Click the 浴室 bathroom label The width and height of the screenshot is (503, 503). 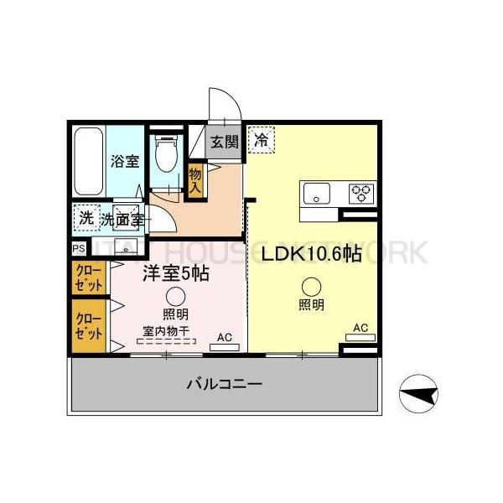click(126, 162)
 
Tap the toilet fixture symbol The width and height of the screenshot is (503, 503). click(168, 154)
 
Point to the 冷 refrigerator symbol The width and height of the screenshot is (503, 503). click(262, 140)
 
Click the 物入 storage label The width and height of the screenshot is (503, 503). click(195, 180)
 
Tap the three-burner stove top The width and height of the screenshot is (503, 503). click(362, 193)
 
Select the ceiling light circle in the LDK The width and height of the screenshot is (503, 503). click(311, 286)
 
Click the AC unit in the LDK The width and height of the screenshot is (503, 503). click(360, 338)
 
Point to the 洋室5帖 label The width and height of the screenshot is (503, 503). click(175, 273)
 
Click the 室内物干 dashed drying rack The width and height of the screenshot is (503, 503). click(166, 341)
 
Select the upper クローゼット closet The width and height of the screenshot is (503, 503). click(86, 277)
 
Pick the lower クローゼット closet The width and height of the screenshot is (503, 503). click(86, 326)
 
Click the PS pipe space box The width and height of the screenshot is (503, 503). click(78, 249)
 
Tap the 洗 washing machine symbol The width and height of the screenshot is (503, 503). click(86, 218)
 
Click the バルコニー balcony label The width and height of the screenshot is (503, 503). click(224, 385)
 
